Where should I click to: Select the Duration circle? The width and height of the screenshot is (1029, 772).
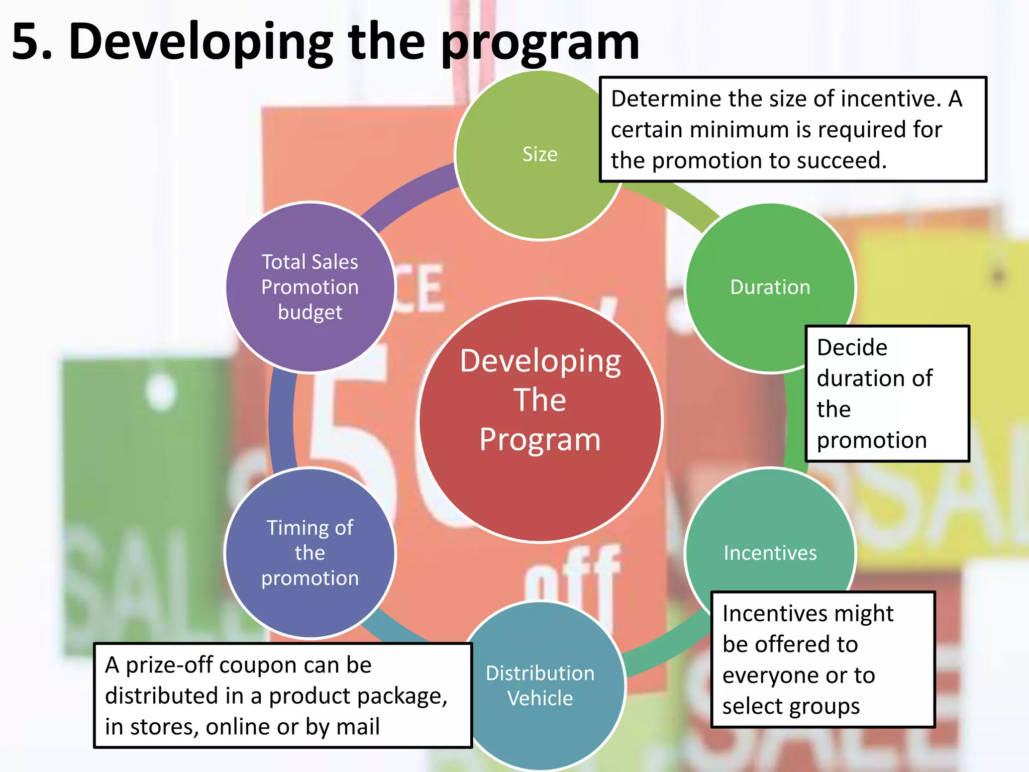point(770,287)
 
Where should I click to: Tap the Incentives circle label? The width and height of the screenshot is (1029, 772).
point(770,553)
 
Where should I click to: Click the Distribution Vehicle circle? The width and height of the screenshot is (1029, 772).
point(540,686)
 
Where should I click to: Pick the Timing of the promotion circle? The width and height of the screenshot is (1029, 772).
point(310,553)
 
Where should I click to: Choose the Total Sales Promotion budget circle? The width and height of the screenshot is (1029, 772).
point(310,287)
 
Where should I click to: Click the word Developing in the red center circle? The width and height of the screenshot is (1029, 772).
point(540,361)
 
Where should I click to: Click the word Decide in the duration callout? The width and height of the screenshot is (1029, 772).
point(852,348)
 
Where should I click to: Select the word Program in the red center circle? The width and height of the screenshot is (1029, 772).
point(540,440)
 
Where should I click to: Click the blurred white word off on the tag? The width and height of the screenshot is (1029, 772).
point(573,578)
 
